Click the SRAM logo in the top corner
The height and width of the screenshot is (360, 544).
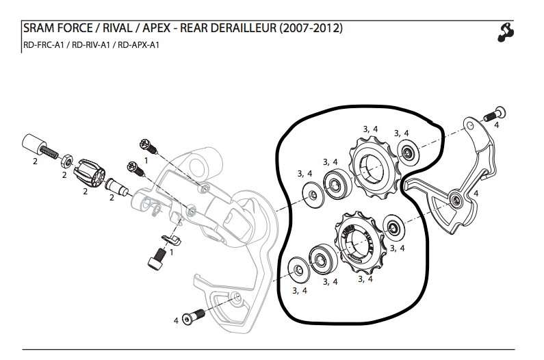pyautogui.click(x=506, y=32)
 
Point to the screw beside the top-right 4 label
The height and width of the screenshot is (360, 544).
pyautogui.click(x=492, y=114)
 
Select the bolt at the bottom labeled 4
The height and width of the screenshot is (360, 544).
pyautogui.click(x=193, y=317)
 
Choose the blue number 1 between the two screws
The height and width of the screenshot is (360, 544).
pyautogui.click(x=145, y=159)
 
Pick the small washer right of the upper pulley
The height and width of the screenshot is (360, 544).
pyautogui.click(x=406, y=153)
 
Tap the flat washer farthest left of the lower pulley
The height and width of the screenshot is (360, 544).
pyautogui.click(x=298, y=268)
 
